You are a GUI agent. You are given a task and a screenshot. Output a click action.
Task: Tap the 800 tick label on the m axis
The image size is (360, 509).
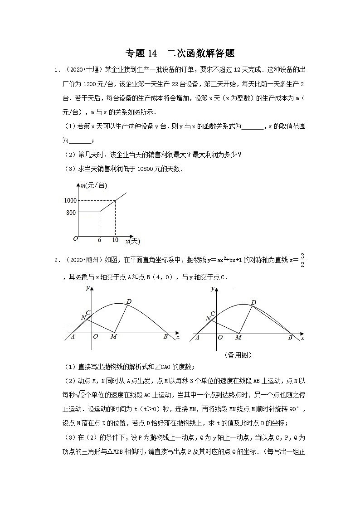pos(72,212)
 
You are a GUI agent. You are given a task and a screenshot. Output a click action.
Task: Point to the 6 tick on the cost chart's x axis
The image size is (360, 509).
pos(99,240)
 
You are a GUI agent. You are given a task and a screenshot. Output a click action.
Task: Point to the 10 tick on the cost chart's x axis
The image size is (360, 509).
pos(115,240)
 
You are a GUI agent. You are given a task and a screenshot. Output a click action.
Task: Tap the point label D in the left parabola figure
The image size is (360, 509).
pos(129,301)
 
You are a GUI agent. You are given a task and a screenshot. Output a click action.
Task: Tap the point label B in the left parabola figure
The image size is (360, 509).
pos(165,337)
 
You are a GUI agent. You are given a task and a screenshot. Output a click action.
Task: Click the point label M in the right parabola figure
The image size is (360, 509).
pos(238,337)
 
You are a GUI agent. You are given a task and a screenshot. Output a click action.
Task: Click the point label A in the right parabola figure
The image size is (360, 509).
pos(197,337)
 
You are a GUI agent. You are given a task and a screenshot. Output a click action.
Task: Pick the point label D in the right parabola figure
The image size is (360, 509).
pos(253,302)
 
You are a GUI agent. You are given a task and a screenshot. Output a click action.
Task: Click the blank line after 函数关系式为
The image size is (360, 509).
pos(253,126)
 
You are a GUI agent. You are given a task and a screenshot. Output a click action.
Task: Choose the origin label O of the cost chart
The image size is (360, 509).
pos(76,238)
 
